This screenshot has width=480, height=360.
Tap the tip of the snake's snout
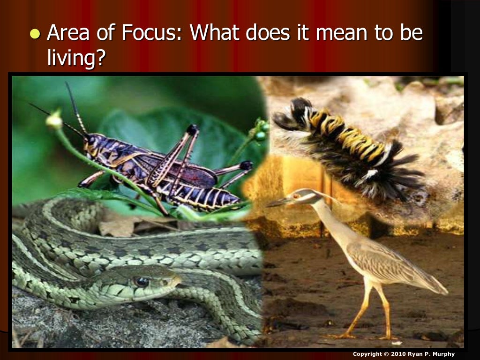coord(179,279)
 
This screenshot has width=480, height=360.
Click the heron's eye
coord(296,196)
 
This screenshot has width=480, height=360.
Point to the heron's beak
coord(279,202)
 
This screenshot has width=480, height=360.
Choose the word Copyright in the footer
coord(367,354)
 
